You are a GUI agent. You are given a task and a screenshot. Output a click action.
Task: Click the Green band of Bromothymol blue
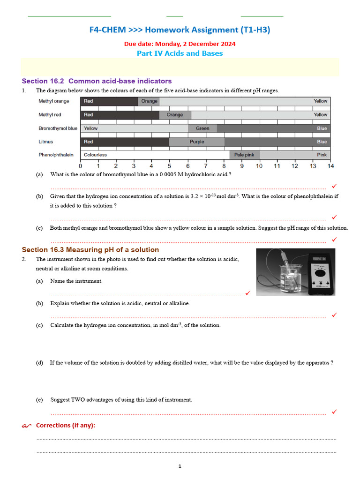click(x=202, y=128)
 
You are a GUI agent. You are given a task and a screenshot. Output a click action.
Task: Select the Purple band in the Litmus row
click(x=197, y=142)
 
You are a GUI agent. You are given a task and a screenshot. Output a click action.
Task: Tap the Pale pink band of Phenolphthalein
click(x=244, y=155)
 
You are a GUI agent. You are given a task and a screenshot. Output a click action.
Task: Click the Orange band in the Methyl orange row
click(x=149, y=101)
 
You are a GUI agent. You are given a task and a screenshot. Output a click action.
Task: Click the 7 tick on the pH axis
click(x=205, y=165)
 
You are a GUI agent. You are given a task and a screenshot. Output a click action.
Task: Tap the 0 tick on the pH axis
click(x=81, y=165)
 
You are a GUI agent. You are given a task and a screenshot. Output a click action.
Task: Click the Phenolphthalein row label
click(x=56, y=155)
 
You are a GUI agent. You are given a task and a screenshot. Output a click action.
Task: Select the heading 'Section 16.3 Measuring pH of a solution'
click(x=90, y=250)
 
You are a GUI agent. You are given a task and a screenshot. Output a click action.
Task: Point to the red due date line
click(x=180, y=44)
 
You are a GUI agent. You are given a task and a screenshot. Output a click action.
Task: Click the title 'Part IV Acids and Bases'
click(x=180, y=53)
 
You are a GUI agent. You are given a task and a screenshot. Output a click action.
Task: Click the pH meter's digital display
click(x=319, y=258)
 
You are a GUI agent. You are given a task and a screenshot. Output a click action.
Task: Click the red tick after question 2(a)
click(x=247, y=293)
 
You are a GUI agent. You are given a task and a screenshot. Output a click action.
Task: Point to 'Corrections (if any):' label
click(x=65, y=425)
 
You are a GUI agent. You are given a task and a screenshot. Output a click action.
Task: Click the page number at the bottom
click(x=180, y=466)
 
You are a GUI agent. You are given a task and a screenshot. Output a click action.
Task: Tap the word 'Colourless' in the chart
click(x=95, y=155)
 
